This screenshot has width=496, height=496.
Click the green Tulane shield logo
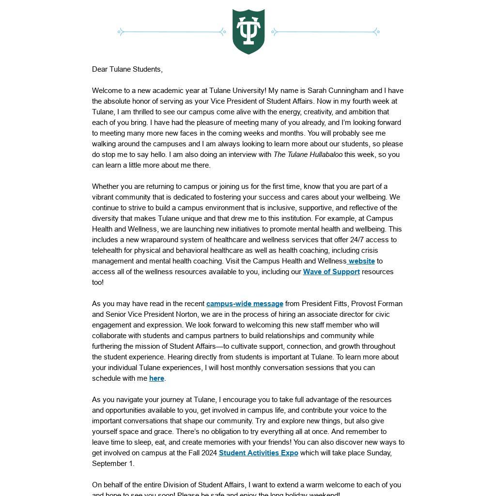click(x=248, y=31)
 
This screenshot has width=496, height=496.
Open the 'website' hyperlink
click(x=361, y=261)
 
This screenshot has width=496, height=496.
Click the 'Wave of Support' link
click(x=331, y=272)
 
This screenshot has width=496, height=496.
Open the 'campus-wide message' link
click(x=245, y=304)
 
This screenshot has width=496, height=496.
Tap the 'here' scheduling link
click(x=156, y=378)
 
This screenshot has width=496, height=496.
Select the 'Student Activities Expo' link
click(x=258, y=453)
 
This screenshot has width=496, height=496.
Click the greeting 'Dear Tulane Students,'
click(x=127, y=69)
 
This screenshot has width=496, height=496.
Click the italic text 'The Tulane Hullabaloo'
click(x=308, y=155)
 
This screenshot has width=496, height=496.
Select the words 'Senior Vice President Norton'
click(x=145, y=314)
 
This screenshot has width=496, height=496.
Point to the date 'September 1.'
click(x=113, y=464)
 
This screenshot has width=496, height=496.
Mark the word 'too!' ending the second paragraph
click(x=98, y=282)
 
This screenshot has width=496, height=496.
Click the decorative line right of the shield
click(x=325, y=32)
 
